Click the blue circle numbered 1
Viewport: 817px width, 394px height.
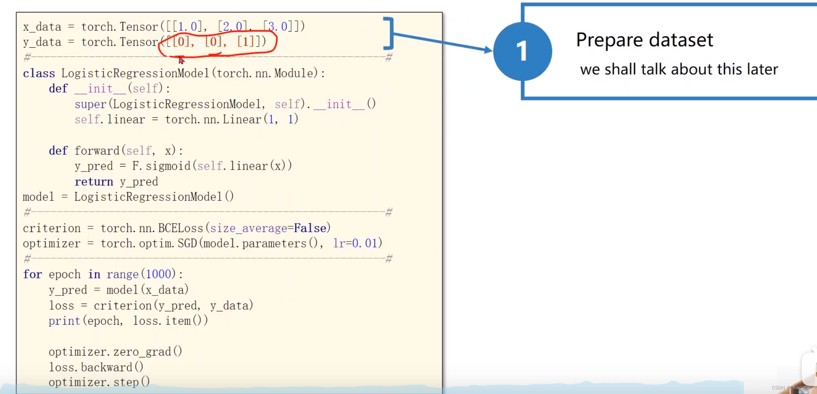(522, 52)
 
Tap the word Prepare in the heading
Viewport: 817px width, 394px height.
(609, 40)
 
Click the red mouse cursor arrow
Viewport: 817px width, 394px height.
(181, 60)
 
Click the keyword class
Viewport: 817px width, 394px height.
(39, 73)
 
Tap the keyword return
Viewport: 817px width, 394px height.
(94, 182)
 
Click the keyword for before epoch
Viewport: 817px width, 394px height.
(32, 274)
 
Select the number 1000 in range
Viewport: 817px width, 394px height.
(158, 274)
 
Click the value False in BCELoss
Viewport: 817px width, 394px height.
(310, 228)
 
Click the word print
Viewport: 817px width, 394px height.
(64, 321)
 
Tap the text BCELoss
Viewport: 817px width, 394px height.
(181, 228)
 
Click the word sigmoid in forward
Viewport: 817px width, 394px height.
(168, 166)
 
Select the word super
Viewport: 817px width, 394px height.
(90, 104)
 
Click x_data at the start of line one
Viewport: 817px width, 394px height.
(42, 27)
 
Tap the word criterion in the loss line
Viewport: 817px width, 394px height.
(123, 306)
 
